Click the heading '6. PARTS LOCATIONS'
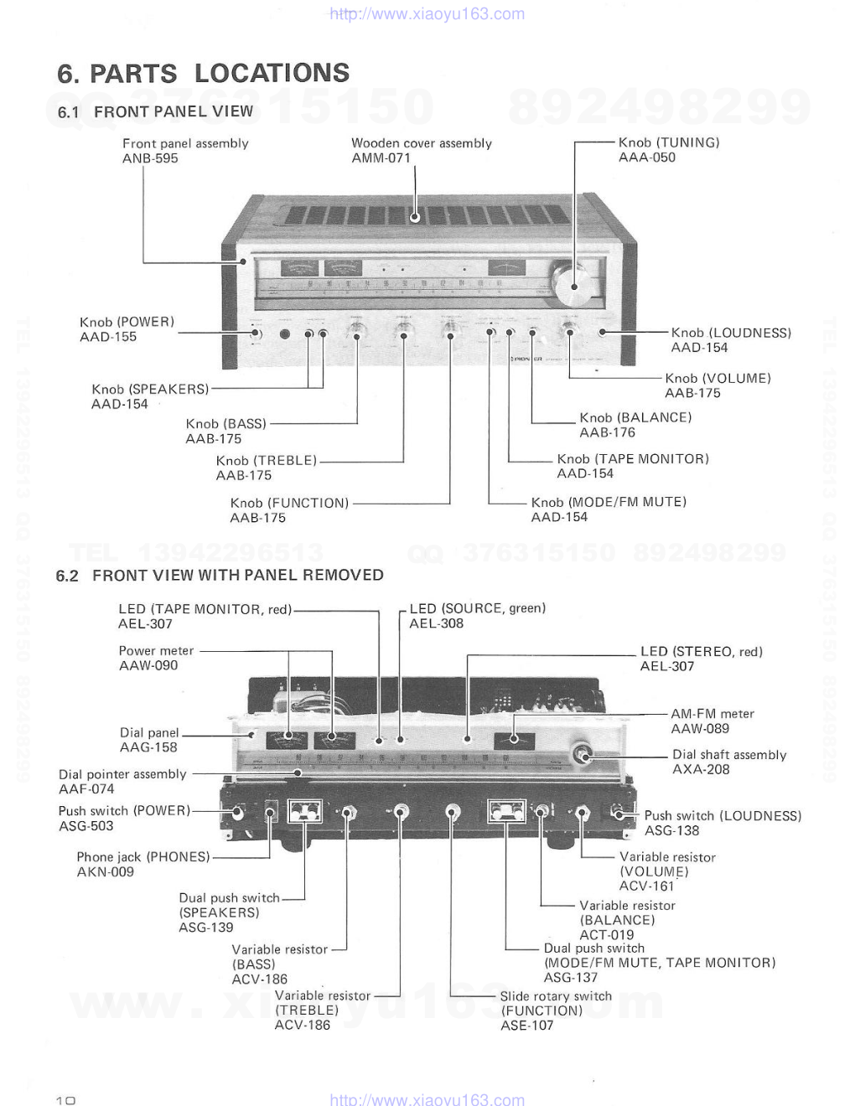(x=203, y=73)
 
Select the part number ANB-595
(x=150, y=158)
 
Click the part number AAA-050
(x=646, y=158)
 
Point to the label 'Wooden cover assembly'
(x=422, y=143)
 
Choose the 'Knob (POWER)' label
(x=127, y=322)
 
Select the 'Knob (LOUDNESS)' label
(x=730, y=333)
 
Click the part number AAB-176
(x=607, y=432)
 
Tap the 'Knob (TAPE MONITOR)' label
(x=633, y=458)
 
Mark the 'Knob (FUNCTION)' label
(x=289, y=503)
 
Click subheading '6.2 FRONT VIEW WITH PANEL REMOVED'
(x=220, y=575)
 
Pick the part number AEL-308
(x=436, y=623)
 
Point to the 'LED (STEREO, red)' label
(x=701, y=651)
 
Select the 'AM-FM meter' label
(x=712, y=714)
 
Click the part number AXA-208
(x=701, y=769)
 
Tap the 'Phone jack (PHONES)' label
(x=143, y=856)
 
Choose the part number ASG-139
(x=206, y=928)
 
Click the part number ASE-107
(x=527, y=1025)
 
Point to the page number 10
(x=65, y=1100)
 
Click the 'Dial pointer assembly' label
(x=122, y=774)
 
